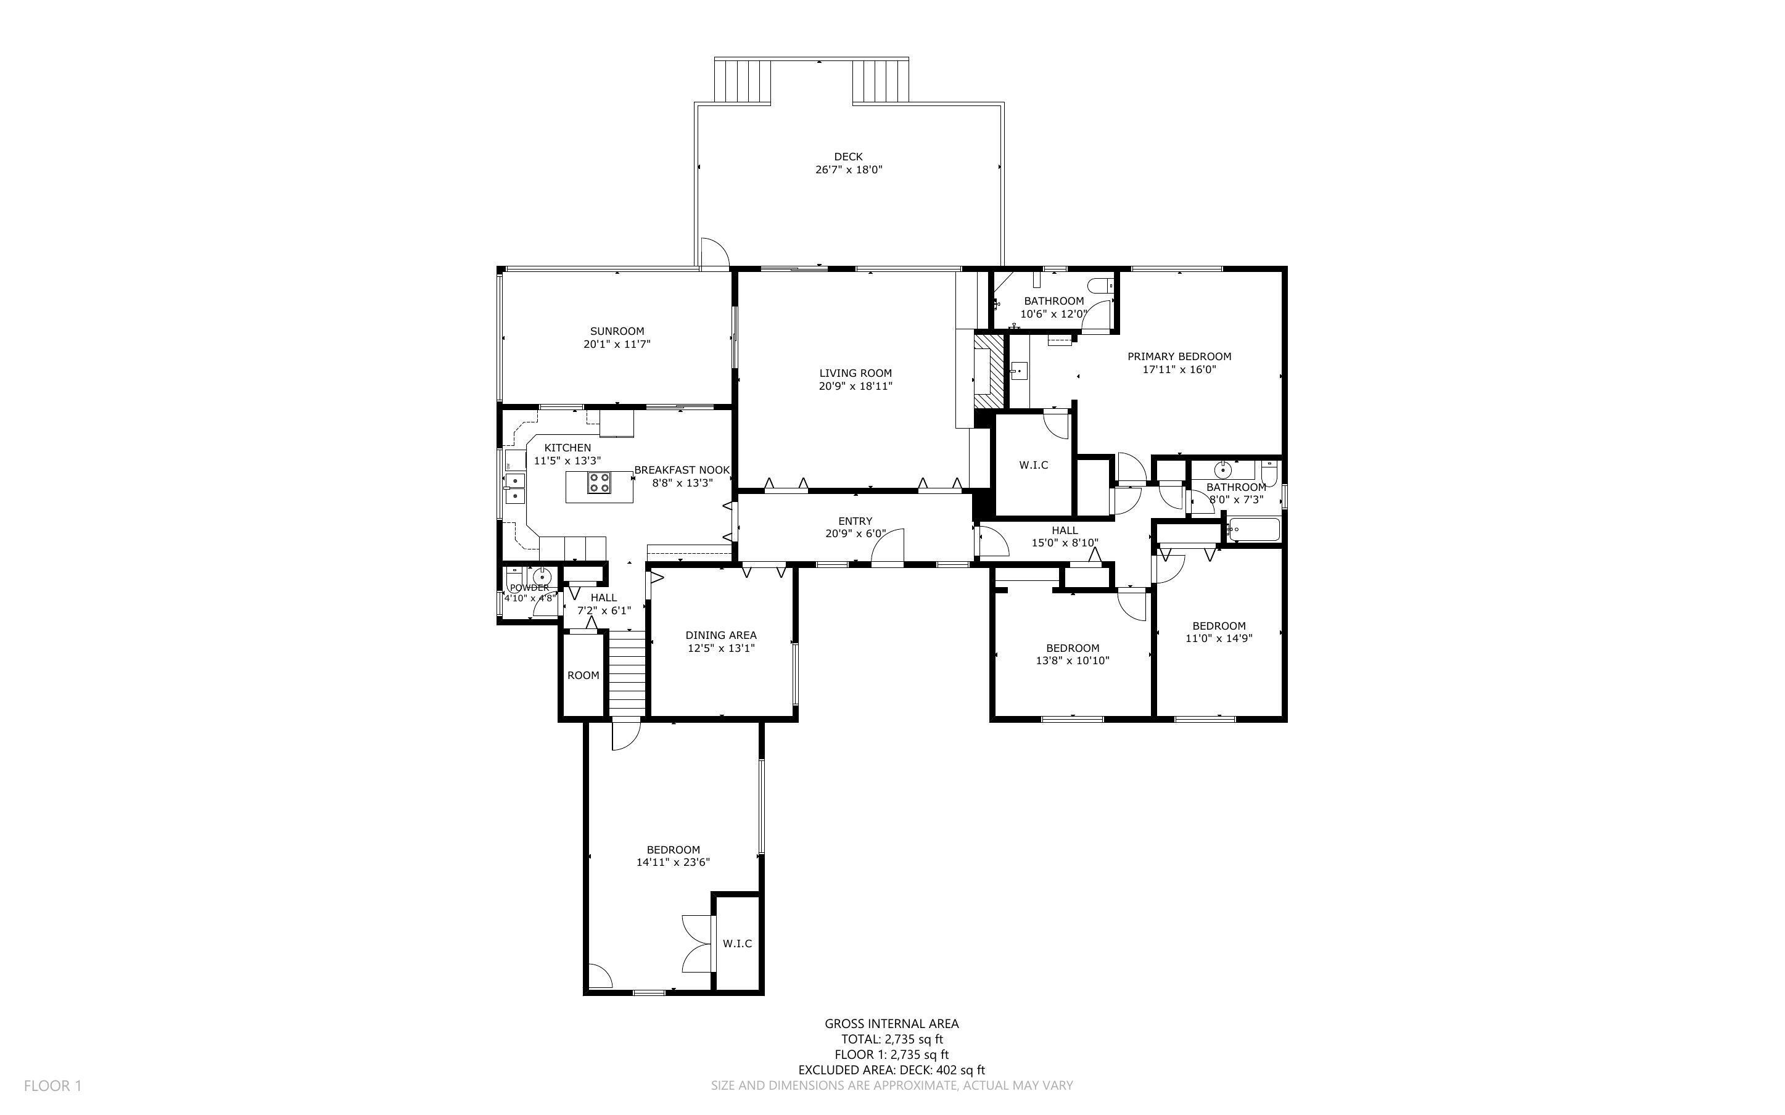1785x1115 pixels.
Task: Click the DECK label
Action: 848,157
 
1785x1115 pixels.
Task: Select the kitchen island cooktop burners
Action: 599,483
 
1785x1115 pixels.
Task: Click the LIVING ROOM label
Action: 855,373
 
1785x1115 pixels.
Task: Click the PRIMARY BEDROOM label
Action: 1179,357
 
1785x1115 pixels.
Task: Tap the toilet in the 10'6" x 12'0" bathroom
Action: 1102,286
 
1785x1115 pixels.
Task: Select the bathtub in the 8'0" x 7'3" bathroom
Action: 1253,530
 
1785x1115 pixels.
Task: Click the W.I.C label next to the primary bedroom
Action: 1033,466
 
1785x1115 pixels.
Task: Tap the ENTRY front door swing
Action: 888,548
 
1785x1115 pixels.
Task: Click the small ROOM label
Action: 582,675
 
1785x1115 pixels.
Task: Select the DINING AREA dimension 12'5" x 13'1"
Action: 720,649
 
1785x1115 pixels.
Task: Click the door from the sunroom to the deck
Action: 714,255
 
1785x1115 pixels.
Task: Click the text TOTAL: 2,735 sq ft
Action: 891,1040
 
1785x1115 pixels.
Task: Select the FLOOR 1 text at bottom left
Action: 52,1085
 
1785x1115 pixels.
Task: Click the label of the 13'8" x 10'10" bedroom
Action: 1072,648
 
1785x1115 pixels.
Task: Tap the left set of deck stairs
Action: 743,81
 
